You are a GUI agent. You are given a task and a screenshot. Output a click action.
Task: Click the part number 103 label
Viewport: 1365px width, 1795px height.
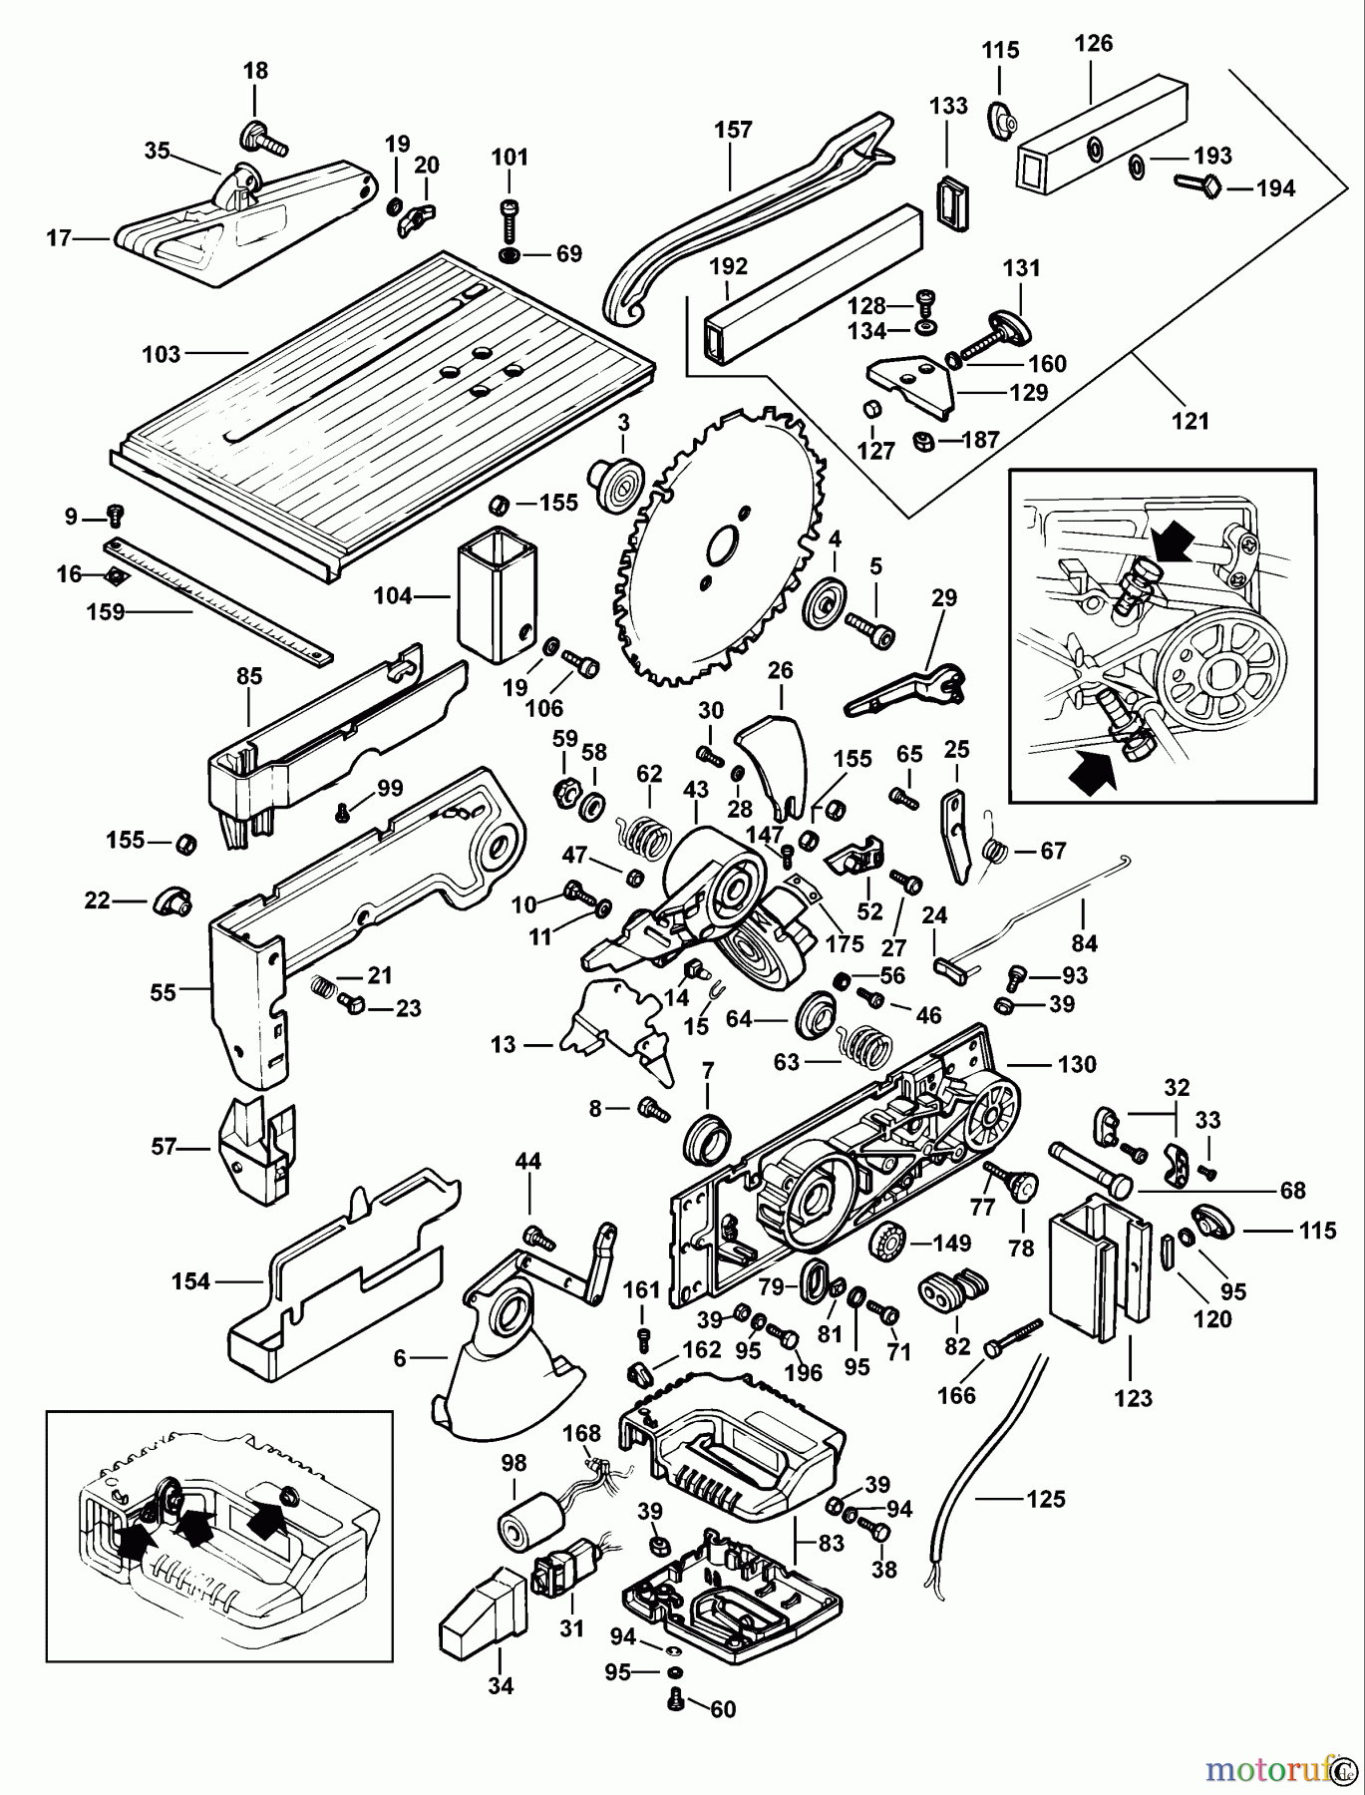[x=162, y=353]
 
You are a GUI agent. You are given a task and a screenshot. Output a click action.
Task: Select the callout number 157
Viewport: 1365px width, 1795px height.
[x=733, y=130]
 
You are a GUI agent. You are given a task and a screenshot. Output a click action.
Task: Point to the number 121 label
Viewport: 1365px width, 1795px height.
[x=1191, y=421]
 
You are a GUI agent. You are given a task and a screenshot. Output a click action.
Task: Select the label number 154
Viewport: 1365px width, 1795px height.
[x=190, y=1281]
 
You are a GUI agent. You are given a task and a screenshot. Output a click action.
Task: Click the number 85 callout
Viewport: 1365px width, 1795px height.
[x=248, y=677]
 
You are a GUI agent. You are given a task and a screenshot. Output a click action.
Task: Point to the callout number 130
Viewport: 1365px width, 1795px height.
[x=1077, y=1064]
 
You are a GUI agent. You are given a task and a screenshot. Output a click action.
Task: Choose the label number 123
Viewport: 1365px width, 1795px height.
[x=1133, y=1398]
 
